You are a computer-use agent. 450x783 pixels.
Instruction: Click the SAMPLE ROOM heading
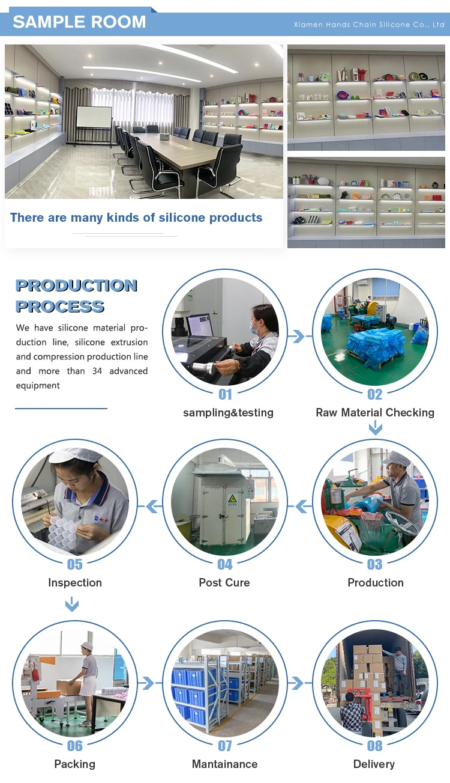click(x=79, y=22)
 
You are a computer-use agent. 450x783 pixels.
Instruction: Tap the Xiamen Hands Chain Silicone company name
click(x=369, y=25)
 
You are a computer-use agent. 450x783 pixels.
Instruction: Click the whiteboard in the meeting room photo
click(x=94, y=117)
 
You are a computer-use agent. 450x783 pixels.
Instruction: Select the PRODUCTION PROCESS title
click(x=76, y=296)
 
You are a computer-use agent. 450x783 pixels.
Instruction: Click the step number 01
click(x=225, y=394)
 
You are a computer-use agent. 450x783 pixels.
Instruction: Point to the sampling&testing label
click(x=228, y=412)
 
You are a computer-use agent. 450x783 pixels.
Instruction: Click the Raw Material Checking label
click(x=375, y=412)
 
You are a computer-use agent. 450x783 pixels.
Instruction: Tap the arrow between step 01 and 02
click(x=297, y=337)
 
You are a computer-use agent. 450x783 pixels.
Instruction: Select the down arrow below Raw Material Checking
click(x=375, y=428)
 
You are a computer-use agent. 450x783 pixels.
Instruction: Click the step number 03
click(x=374, y=564)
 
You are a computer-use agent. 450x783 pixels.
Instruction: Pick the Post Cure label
click(x=224, y=582)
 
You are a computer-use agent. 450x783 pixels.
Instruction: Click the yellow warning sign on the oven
click(x=232, y=498)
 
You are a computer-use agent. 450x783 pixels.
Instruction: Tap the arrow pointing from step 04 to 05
click(x=154, y=507)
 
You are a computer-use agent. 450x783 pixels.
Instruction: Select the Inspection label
click(x=75, y=582)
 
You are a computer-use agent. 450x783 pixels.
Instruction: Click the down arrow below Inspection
click(x=72, y=604)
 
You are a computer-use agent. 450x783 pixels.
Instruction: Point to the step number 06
click(x=75, y=746)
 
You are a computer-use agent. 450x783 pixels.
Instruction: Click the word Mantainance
click(x=224, y=764)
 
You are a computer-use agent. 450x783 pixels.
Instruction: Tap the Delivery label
click(x=374, y=764)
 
